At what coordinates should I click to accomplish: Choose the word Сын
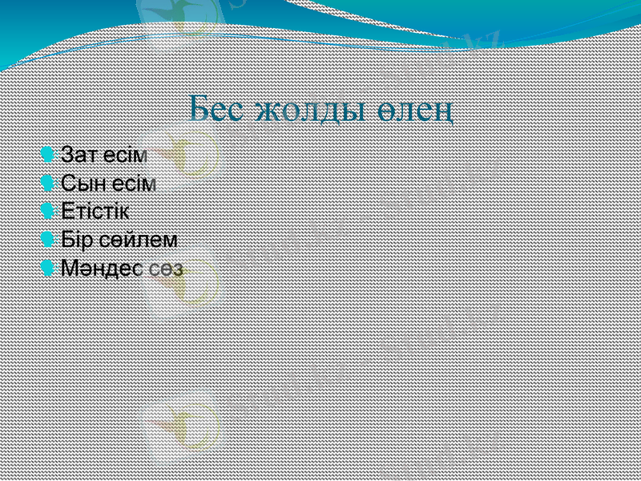point(82,183)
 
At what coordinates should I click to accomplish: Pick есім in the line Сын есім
point(131,183)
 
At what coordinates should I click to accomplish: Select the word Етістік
point(95,211)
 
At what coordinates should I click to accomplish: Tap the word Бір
point(79,239)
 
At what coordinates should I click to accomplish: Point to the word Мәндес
point(102,268)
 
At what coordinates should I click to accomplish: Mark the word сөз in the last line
point(165,268)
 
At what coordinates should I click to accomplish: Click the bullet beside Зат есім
point(49,153)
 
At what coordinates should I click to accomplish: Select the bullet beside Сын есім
point(49,182)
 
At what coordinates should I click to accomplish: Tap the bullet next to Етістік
point(49,210)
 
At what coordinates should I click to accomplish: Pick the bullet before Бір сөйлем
point(49,238)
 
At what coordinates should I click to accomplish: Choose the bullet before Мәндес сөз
point(49,267)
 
